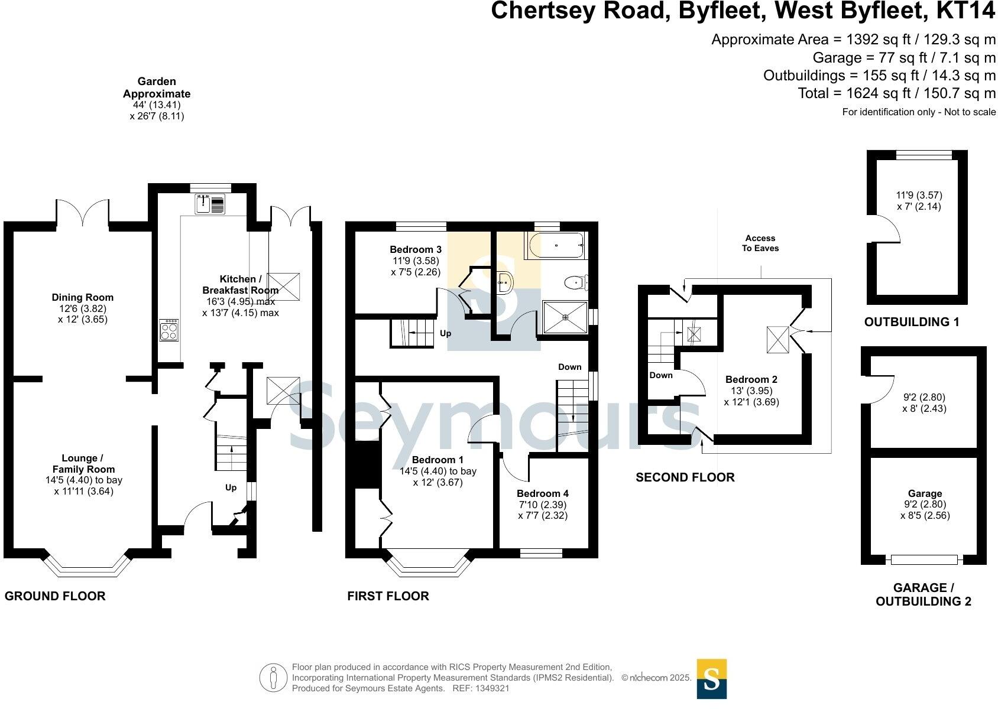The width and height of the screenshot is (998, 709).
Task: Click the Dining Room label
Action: pyautogui.click(x=82, y=297)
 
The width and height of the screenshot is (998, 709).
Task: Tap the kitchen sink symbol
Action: pyautogui.click(x=210, y=204)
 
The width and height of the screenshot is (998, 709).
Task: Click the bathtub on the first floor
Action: pyautogui.click(x=556, y=246)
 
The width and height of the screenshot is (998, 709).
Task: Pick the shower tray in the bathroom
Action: pyautogui.click(x=565, y=317)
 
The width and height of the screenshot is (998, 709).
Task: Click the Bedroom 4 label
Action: pyautogui.click(x=542, y=493)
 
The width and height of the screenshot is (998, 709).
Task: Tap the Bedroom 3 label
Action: pyautogui.click(x=416, y=249)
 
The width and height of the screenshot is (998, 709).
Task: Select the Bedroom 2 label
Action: pyautogui.click(x=751, y=379)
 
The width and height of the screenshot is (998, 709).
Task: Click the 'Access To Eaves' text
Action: pyautogui.click(x=760, y=243)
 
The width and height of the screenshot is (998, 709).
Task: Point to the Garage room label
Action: pyautogui.click(x=925, y=493)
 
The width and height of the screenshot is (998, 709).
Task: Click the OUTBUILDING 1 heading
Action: pyautogui.click(x=912, y=322)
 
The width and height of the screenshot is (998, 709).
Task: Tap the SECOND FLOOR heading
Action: pyautogui.click(x=685, y=477)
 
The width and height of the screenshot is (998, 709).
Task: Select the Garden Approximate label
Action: pyautogui.click(x=157, y=87)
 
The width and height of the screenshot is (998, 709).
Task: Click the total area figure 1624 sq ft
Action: pyautogui.click(x=896, y=93)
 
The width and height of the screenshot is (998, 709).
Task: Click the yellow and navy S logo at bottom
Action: pyautogui.click(x=711, y=679)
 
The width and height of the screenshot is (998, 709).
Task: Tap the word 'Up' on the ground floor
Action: pyautogui.click(x=231, y=487)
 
